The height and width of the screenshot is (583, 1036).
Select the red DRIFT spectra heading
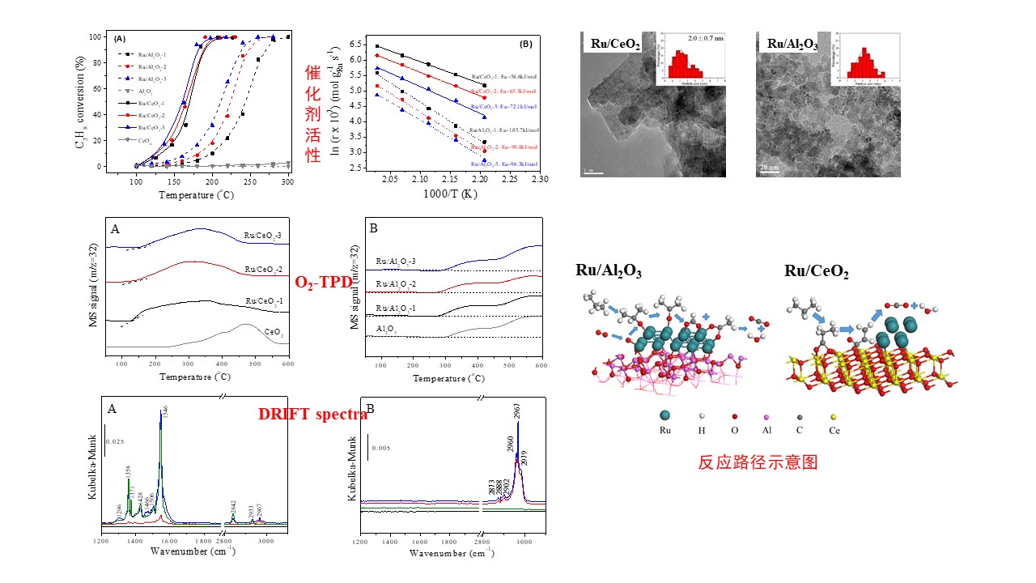click(x=312, y=414)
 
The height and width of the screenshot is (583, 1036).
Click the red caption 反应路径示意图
click(x=758, y=463)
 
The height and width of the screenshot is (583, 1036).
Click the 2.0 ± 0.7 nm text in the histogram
click(x=699, y=38)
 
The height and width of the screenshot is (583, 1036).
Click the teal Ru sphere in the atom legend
click(x=666, y=415)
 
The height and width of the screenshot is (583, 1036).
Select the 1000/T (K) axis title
click(x=443, y=194)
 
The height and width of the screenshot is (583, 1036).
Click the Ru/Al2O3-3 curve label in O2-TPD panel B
click(x=396, y=262)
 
